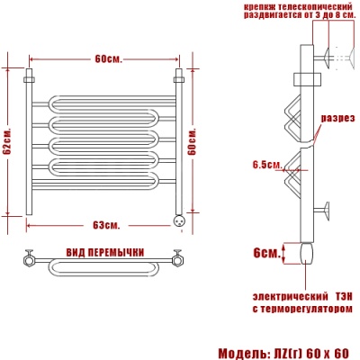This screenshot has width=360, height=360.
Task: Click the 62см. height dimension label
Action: [7, 142]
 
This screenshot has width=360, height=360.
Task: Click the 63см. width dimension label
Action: [106, 225]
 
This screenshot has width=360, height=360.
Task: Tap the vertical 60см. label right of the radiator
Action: [192, 142]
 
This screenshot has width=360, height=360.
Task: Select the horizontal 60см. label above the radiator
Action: [109, 59]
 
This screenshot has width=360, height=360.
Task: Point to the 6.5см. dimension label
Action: [267, 165]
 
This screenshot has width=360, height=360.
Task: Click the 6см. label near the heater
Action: [266, 253]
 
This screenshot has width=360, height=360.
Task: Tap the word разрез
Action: [337, 118]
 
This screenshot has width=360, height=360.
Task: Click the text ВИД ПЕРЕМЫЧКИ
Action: [105, 253]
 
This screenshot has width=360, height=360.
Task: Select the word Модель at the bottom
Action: [238, 353]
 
